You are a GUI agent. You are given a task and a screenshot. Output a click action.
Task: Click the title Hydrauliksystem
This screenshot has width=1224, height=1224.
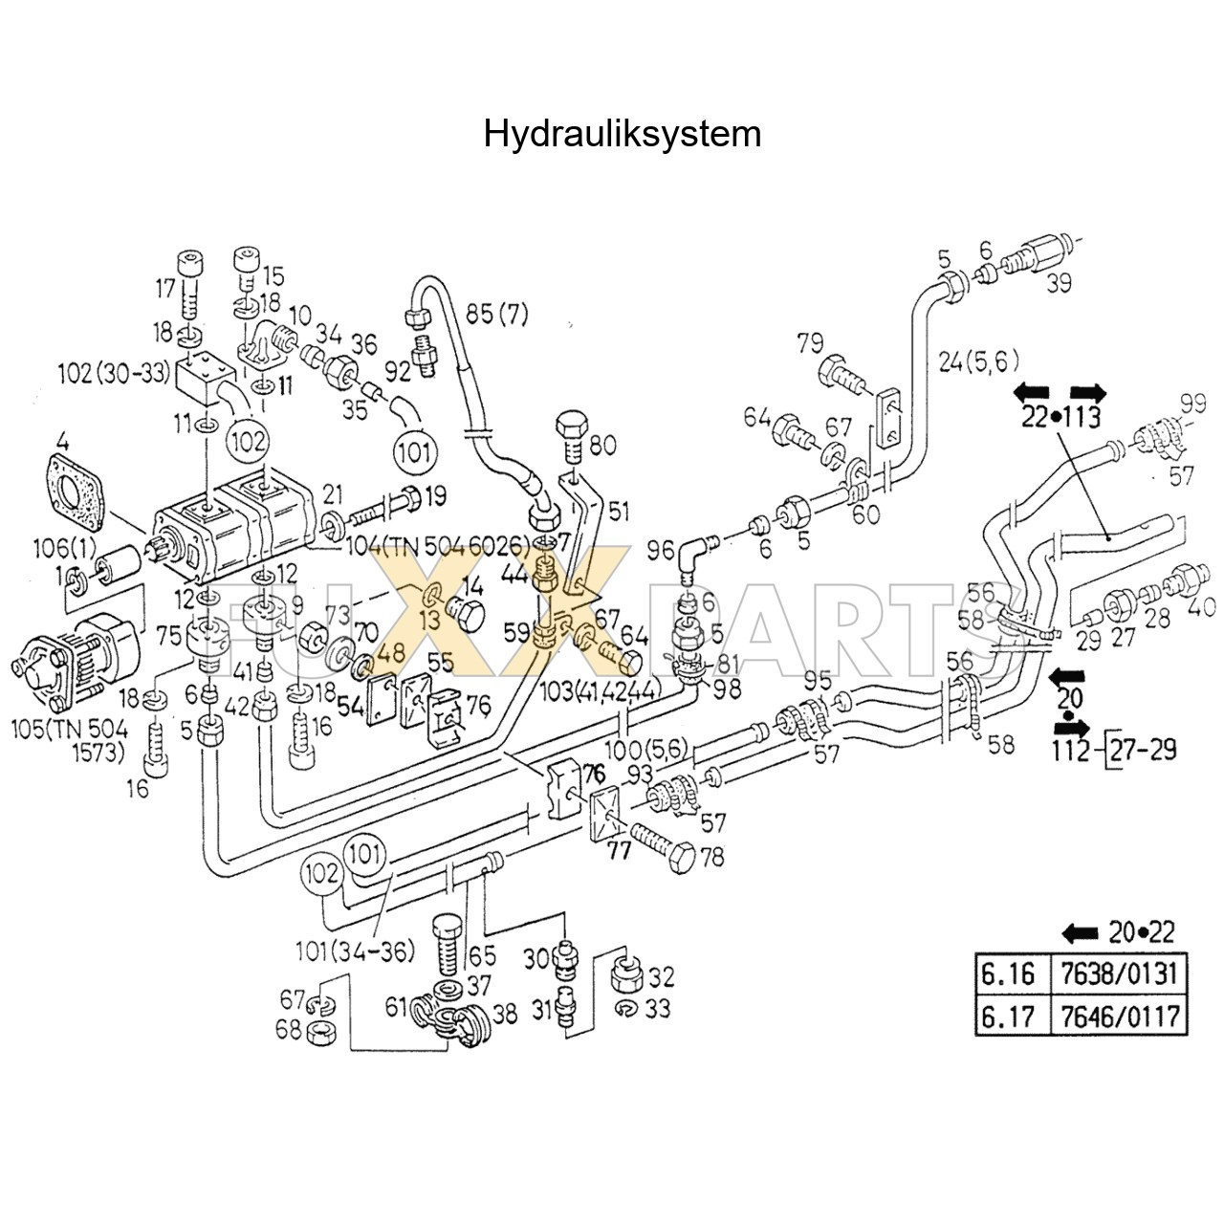tap(622, 133)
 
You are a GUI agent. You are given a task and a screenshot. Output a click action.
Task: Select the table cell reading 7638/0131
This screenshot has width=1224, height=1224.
tap(1117, 974)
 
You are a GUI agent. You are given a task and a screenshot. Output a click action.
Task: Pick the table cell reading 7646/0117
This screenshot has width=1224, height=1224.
tap(1117, 1015)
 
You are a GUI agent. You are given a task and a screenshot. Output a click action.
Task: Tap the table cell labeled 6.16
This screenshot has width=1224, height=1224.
tap(1009, 974)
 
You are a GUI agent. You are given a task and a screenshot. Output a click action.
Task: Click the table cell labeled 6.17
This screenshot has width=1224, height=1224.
tap(1009, 1015)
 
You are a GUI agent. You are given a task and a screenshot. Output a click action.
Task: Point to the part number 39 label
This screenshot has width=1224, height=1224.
tap(1058, 283)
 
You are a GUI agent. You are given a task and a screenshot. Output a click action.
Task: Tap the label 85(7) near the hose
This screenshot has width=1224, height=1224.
tap(496, 314)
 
